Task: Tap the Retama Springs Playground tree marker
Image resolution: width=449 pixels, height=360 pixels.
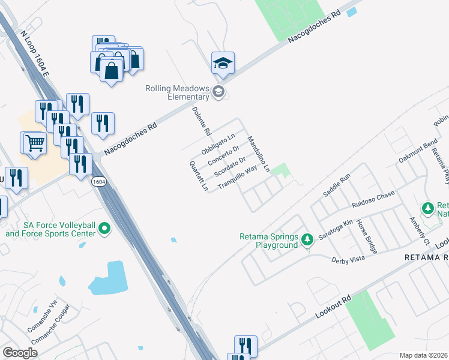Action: click(307, 241)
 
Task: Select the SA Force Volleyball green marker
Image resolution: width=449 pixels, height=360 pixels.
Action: click(105, 229)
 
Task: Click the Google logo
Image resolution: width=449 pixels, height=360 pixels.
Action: click(20, 353)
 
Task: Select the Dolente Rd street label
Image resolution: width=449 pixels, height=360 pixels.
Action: click(201, 121)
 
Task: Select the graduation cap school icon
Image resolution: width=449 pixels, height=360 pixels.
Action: click(223, 62)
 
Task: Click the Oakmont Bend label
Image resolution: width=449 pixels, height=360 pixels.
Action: click(418, 152)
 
